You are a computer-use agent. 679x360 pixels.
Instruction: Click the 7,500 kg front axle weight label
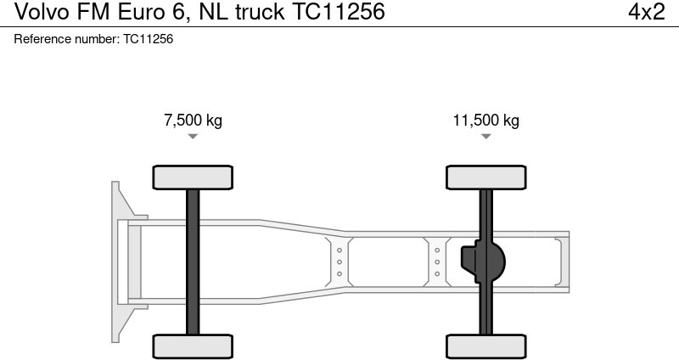193,121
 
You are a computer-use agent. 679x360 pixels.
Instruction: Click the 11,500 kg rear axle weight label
485,121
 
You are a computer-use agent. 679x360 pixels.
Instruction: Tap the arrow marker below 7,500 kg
193,137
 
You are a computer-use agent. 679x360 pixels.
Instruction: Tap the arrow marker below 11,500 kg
485,137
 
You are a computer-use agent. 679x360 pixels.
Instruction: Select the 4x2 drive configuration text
646,12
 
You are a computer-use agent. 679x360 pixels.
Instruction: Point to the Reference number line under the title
94,40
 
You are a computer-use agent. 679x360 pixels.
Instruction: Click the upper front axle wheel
193,177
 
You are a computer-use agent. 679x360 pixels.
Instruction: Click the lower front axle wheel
193,346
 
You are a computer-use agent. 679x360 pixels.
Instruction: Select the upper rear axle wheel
485,177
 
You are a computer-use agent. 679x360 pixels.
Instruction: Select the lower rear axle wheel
485,346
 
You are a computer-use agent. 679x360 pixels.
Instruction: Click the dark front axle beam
193,262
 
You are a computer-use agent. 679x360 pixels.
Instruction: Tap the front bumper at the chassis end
119,262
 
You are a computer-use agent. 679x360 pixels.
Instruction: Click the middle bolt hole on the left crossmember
339,262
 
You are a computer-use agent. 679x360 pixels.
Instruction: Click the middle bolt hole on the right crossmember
437,262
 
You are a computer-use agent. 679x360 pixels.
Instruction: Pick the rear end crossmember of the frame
559,262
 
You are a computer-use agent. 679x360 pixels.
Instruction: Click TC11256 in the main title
338,12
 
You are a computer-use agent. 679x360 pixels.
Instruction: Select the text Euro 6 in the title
154,12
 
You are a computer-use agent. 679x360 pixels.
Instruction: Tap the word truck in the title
257,12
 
